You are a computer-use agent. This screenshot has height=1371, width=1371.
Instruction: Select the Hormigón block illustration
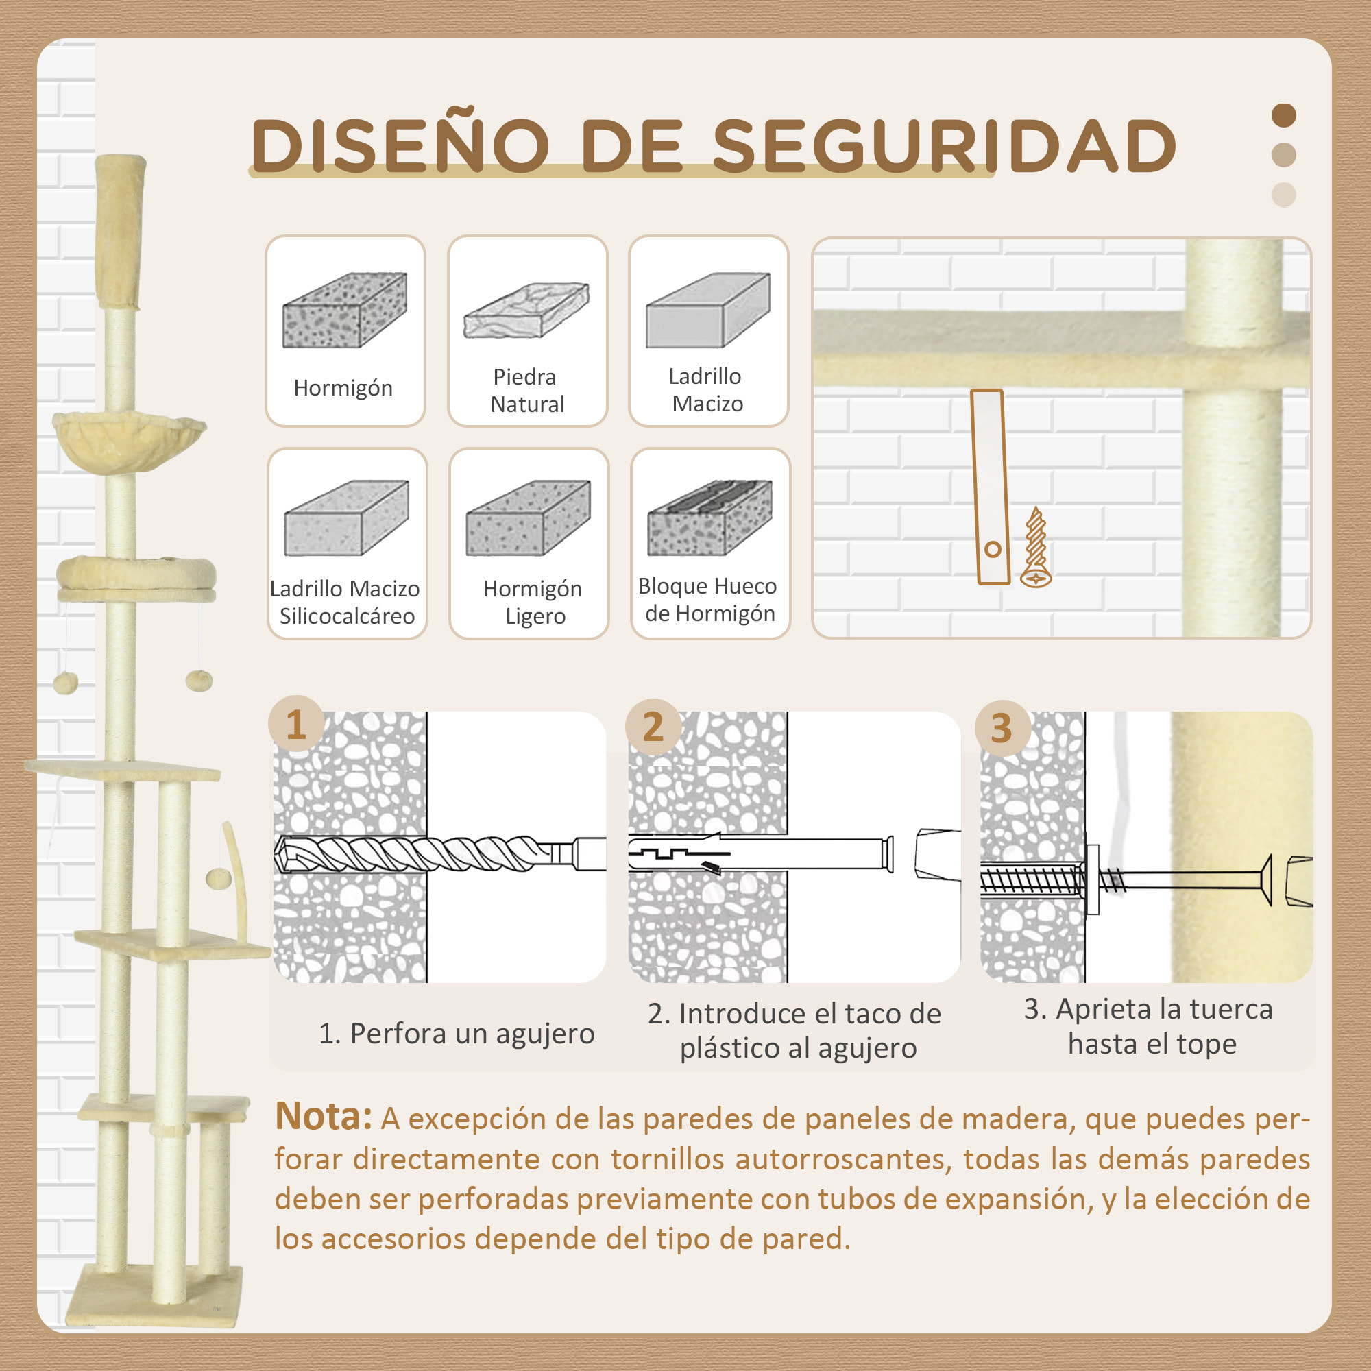click(345, 310)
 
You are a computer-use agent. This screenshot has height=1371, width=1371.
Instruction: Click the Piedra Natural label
click(526, 390)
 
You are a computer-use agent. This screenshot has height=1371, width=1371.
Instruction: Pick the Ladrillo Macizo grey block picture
click(707, 310)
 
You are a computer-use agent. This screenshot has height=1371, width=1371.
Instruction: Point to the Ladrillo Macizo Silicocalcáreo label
click(345, 602)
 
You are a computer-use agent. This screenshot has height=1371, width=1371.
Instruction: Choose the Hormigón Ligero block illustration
click(528, 518)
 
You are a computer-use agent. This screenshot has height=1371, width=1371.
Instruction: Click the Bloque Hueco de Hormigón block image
click(709, 518)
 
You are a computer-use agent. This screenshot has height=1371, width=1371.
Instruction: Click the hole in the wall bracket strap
click(993, 548)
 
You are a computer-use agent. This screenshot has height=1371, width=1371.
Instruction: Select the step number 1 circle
click(296, 725)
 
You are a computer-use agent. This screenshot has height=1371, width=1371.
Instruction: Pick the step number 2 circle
click(653, 727)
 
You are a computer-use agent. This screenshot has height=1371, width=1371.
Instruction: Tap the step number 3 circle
click(1002, 728)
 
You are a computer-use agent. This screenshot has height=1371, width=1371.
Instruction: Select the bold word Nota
click(323, 1116)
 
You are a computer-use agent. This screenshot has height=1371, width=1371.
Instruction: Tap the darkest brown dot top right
click(1284, 115)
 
